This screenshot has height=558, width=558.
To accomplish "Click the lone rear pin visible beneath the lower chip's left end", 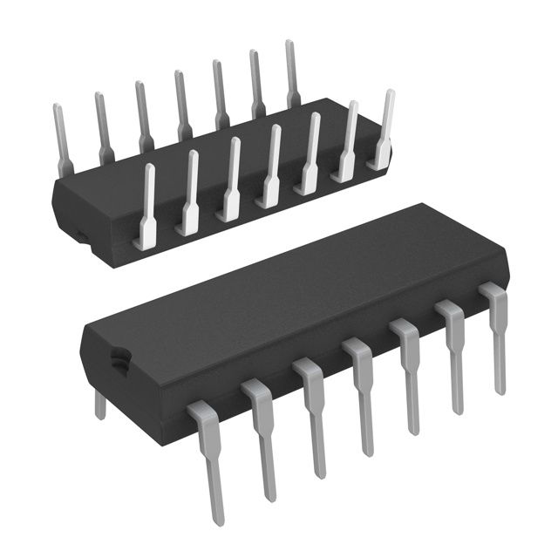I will [x=100, y=404].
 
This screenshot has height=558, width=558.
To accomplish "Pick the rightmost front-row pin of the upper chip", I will [x=384, y=131].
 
